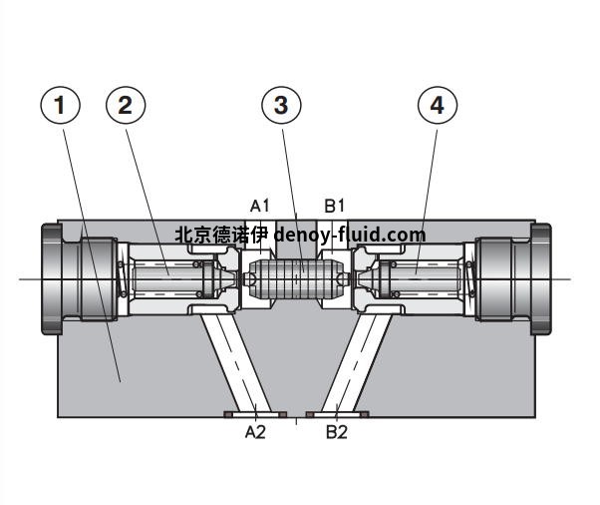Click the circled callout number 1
coord(62,105)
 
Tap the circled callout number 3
coord(282,105)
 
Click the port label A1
coord(260,206)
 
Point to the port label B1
coord(335,206)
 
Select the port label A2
coord(256,432)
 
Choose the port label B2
coord(337,432)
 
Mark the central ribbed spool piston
coord(295,277)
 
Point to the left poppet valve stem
coord(164,277)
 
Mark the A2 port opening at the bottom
coord(257,413)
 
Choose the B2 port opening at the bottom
coord(337,413)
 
